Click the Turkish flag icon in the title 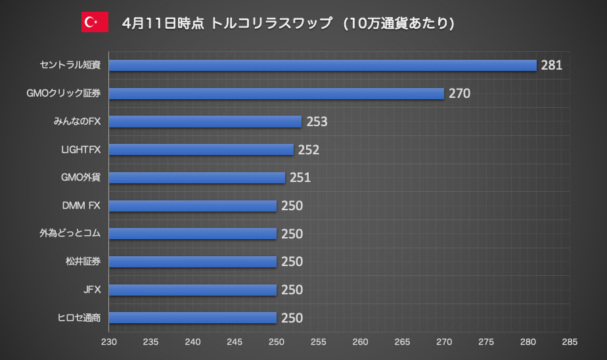coord(95,22)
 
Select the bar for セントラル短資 coord(323,65)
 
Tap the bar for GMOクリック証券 coord(276,93)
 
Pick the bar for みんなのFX coord(205,122)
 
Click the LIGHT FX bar coord(201,150)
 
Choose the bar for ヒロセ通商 coord(192,318)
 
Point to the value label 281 coord(552,65)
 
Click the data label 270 coord(459,93)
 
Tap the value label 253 coord(317,122)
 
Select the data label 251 coord(300,177)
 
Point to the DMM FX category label coord(79,206)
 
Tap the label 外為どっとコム coord(69,233)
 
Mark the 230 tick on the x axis coord(108,342)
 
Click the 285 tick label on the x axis coord(570,342)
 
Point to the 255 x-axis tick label coord(318,342)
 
